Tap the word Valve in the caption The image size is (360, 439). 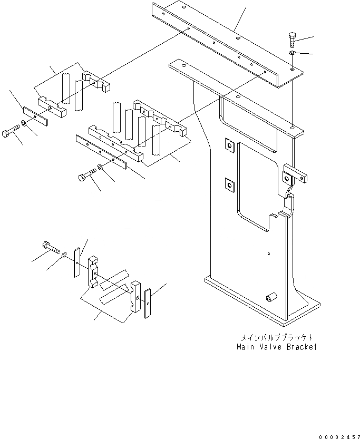[274, 347]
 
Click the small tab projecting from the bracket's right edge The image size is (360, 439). [295, 174]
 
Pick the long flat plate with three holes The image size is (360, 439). [101, 151]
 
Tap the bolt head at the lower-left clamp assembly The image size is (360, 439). [46, 246]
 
